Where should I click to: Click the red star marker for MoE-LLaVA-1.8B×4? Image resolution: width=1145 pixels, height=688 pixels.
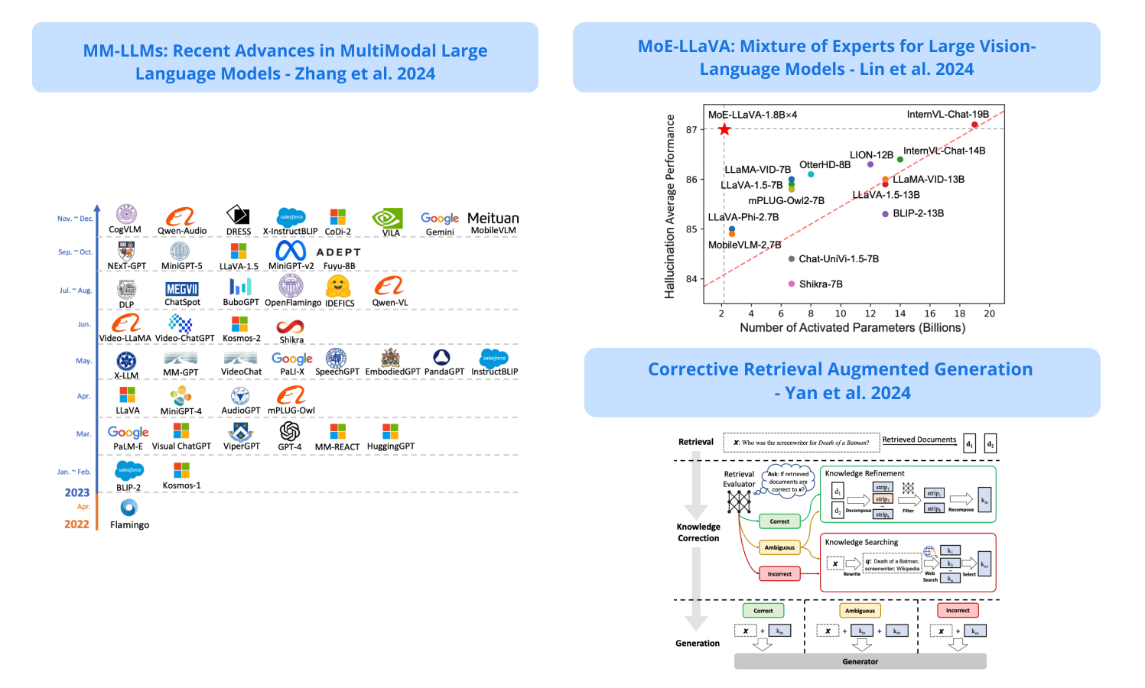click(724, 129)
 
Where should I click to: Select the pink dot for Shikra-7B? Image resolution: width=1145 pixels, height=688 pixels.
click(792, 284)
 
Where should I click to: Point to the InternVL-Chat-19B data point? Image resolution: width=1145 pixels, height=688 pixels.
click(974, 125)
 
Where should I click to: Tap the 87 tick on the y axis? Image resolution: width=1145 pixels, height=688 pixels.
click(691, 130)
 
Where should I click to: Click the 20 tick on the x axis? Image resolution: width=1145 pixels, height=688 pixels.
click(989, 313)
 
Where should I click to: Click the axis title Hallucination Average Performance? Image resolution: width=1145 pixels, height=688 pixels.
click(670, 206)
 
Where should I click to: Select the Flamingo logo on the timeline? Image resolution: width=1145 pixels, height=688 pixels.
click(129, 508)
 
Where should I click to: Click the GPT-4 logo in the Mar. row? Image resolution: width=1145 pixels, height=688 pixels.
click(290, 431)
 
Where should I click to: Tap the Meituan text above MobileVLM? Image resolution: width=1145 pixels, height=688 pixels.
click(493, 218)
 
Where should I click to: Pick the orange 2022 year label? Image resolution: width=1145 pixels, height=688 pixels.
click(76, 524)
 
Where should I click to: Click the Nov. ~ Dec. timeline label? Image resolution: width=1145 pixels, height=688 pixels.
click(75, 219)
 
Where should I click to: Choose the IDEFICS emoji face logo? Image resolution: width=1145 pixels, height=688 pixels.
click(338, 287)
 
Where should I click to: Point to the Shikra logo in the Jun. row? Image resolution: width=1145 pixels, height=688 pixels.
click(291, 327)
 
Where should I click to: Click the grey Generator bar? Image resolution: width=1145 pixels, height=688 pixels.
click(860, 661)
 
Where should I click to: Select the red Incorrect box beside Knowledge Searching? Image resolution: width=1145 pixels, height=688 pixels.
click(779, 573)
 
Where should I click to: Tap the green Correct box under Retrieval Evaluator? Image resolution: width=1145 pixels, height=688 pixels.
click(779, 521)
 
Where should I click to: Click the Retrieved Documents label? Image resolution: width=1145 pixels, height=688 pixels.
click(919, 440)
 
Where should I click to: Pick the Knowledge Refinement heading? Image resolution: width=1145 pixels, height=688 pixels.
click(864, 473)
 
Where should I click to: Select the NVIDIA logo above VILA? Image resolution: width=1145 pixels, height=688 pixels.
click(388, 218)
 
